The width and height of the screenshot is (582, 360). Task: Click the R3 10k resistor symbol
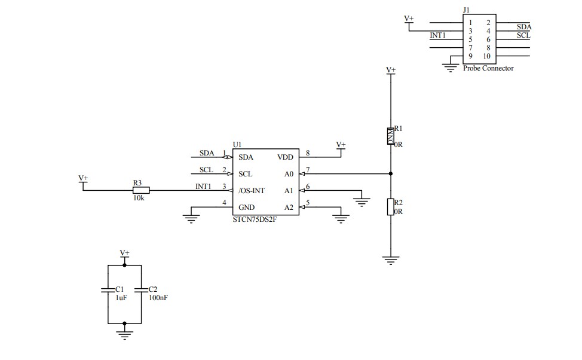click(x=141, y=191)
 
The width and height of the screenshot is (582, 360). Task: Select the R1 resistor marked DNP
click(x=391, y=136)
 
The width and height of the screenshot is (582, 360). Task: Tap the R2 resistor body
click(x=391, y=207)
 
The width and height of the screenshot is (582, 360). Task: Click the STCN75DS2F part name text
click(x=255, y=219)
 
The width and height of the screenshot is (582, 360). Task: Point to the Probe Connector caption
click(x=488, y=68)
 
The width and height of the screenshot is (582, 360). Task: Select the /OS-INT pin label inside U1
click(x=252, y=191)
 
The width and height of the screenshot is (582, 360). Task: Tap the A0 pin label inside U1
click(x=289, y=174)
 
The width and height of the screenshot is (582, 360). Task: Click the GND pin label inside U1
click(x=246, y=208)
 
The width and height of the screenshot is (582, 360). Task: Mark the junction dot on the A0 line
click(x=391, y=174)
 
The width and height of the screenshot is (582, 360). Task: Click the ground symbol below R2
click(x=391, y=261)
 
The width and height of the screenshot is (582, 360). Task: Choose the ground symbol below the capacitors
click(x=124, y=335)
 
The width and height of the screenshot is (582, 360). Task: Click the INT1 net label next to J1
click(x=438, y=35)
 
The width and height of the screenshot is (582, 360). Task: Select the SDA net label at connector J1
click(x=523, y=27)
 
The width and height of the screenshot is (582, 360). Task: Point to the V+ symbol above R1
click(x=391, y=71)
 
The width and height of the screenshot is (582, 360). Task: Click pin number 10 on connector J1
click(x=487, y=56)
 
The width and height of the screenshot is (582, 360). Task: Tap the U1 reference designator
click(x=237, y=145)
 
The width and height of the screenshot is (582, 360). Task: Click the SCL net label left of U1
click(x=206, y=170)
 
